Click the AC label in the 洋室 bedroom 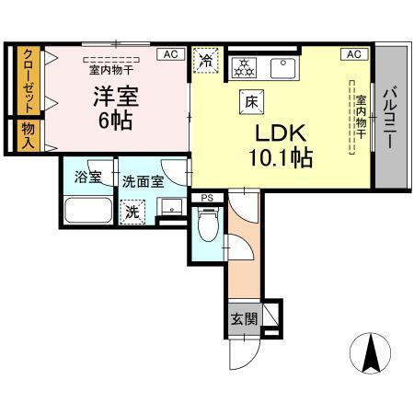tap(170, 54)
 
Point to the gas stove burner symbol tap(246, 66)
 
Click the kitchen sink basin tap(281, 67)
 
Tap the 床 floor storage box tap(249, 101)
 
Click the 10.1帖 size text tap(280, 156)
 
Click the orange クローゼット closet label tap(29, 80)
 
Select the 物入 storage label tap(29, 135)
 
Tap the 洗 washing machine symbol tap(133, 211)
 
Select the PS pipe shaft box tap(206, 196)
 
